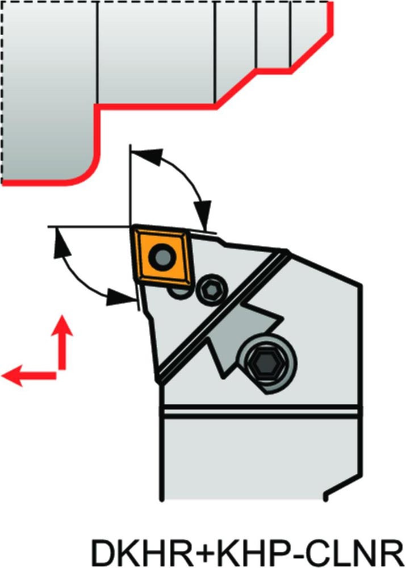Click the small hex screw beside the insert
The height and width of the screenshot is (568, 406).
coord(211,290)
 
